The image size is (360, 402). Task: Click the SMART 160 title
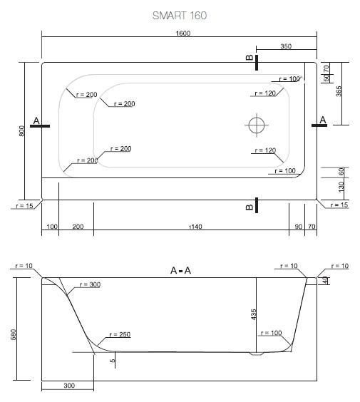click(x=180, y=16)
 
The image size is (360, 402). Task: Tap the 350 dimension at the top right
click(x=286, y=46)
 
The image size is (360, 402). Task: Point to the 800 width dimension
click(x=22, y=130)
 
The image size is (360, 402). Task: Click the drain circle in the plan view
click(x=257, y=125)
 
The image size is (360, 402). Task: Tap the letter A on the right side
click(x=323, y=120)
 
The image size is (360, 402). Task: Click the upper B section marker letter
click(x=249, y=59)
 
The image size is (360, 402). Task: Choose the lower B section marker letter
click(x=249, y=207)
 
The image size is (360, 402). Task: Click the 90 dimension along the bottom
click(x=297, y=227)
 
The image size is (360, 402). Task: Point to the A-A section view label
click(x=180, y=270)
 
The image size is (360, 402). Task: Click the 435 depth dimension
click(x=254, y=314)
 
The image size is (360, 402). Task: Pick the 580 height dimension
click(x=14, y=334)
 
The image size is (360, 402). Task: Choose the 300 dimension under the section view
click(x=68, y=386)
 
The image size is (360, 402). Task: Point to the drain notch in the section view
click(x=257, y=353)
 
